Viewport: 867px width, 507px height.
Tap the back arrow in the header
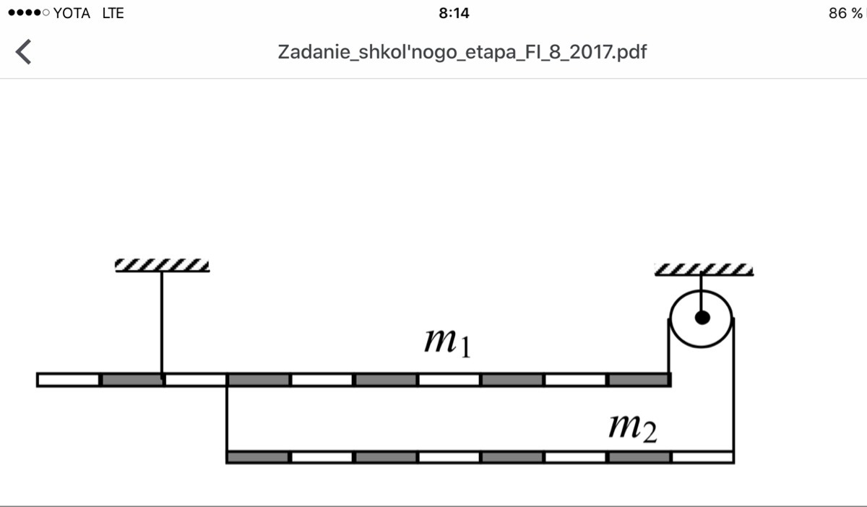(23, 51)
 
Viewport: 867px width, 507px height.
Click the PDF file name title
(462, 52)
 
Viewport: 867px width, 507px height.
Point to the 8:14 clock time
(454, 14)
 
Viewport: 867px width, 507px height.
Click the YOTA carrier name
(72, 14)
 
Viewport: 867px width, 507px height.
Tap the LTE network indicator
(113, 14)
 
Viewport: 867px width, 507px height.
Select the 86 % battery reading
(845, 14)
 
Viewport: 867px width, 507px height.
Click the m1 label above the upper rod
(448, 342)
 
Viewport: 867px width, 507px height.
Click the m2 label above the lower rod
(633, 428)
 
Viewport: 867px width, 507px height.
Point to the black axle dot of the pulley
(702, 318)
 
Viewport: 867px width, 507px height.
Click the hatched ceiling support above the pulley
(704, 270)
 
